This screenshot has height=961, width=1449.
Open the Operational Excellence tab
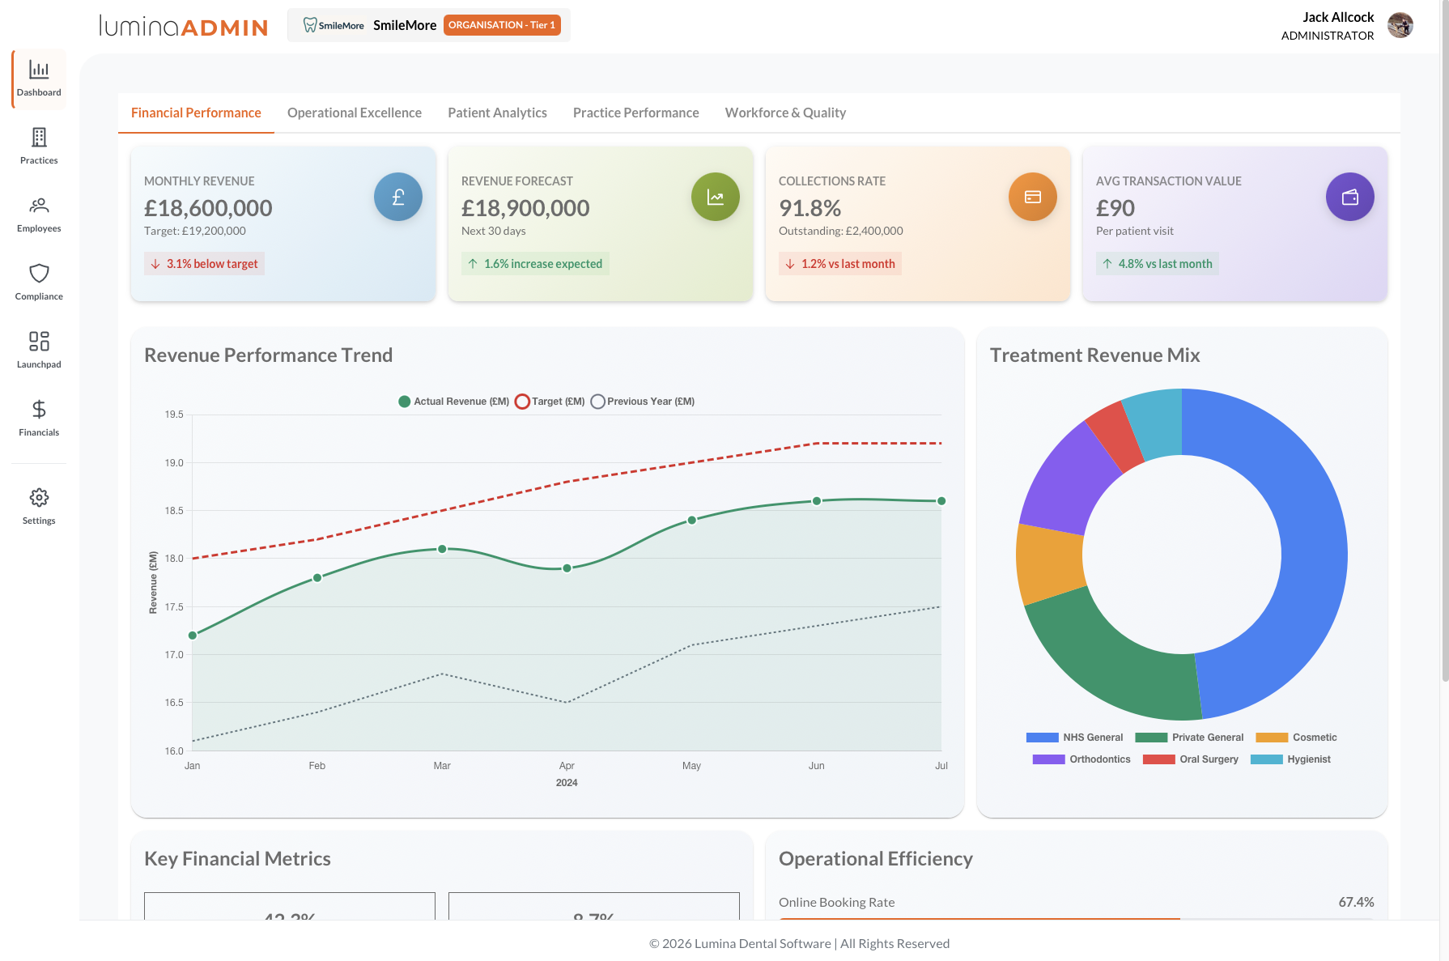point(354,113)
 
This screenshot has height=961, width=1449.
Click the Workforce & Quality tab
point(785,113)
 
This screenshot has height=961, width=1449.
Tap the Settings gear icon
point(39,497)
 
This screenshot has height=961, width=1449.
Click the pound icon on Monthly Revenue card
point(397,197)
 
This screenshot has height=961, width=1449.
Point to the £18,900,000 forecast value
point(525,208)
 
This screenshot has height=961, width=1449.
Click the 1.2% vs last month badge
point(840,264)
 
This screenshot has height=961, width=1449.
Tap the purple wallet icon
point(1349,197)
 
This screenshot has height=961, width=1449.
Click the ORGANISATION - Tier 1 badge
point(502,25)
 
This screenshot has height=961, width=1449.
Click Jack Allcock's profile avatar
point(1400,25)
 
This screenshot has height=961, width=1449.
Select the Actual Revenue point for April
point(567,568)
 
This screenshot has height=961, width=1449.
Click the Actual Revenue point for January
point(193,636)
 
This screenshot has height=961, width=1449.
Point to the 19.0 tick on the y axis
point(174,463)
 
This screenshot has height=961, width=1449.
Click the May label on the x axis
point(691,766)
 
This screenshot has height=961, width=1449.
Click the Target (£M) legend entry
point(550,402)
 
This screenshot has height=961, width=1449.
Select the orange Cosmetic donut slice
point(1050,563)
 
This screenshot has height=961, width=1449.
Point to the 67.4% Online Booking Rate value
point(1356,902)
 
